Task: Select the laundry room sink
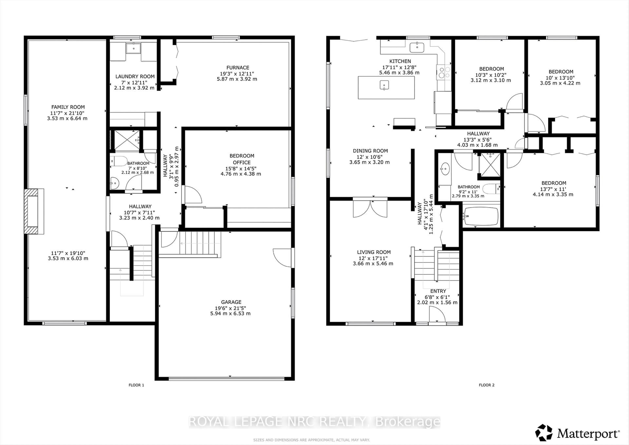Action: point(133,48)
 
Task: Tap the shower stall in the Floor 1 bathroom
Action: point(127,140)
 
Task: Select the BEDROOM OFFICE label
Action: point(242,159)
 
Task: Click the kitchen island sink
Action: point(384,85)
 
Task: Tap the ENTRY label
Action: point(438,291)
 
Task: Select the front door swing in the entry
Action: point(437,315)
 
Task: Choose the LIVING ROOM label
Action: point(374,252)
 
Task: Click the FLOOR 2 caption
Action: point(486,385)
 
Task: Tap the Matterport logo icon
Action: point(544,433)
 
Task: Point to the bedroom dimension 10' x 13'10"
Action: point(560,78)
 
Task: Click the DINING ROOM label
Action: point(370,151)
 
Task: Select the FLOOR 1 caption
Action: point(136,385)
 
